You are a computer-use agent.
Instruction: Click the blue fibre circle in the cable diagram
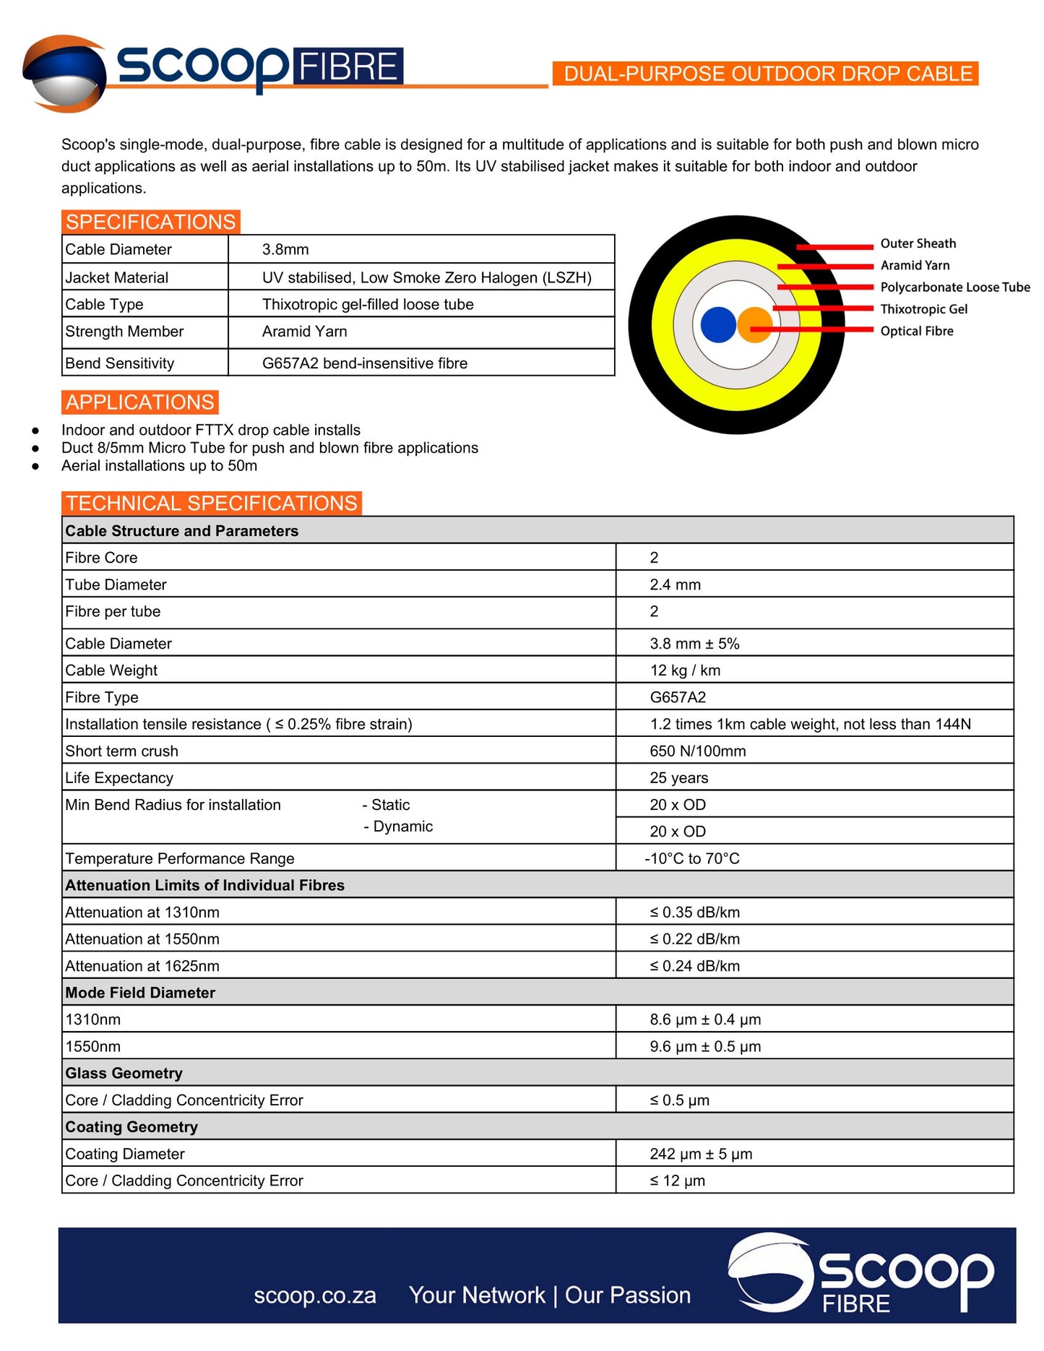click(x=717, y=324)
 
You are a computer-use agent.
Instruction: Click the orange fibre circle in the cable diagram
click(x=755, y=324)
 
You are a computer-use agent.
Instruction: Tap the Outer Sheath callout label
click(x=918, y=243)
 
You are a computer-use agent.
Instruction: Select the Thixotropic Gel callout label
click(x=923, y=309)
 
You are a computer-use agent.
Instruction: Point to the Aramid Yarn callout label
click(x=915, y=265)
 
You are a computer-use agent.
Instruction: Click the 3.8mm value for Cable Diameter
click(x=285, y=249)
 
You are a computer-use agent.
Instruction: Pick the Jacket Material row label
click(x=116, y=277)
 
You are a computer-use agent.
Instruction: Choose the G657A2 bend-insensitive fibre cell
click(x=364, y=363)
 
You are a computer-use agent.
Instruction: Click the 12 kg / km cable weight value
click(x=685, y=670)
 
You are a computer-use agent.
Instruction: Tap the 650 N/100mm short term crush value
click(x=697, y=751)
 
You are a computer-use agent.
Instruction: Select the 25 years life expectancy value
click(x=678, y=778)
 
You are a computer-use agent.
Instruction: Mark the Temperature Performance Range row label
click(x=180, y=858)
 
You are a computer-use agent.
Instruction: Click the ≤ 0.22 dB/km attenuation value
click(x=694, y=939)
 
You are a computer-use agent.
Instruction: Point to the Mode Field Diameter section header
click(x=140, y=993)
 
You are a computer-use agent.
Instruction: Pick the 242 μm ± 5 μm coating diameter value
click(x=701, y=1154)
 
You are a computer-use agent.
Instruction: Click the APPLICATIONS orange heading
click(x=140, y=402)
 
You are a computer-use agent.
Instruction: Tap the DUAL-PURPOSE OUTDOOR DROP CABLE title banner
click(x=767, y=74)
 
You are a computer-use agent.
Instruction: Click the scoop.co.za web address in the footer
click(x=315, y=1295)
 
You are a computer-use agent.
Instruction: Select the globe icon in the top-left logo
click(x=64, y=74)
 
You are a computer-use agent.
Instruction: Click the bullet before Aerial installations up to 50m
click(x=35, y=466)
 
